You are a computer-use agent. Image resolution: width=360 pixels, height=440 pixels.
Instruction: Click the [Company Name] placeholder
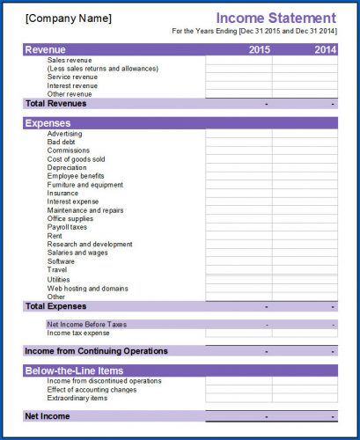(69, 18)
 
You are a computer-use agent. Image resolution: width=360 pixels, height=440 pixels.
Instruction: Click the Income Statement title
(276, 18)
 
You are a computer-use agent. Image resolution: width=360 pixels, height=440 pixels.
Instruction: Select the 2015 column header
(259, 50)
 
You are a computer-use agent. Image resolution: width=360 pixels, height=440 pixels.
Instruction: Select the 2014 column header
(325, 50)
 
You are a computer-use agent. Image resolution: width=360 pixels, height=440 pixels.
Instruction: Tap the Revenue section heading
(46, 50)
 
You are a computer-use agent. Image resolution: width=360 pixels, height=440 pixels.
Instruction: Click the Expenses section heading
(49, 124)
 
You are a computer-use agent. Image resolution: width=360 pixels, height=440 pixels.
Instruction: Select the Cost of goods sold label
(77, 158)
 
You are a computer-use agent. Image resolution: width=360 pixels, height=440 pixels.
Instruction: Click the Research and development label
(90, 244)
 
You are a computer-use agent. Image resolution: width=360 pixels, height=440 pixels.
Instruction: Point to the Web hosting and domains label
(87, 288)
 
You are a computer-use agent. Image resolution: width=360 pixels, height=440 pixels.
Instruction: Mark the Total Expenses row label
(57, 306)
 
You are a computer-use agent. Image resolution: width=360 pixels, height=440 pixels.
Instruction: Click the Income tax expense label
(78, 333)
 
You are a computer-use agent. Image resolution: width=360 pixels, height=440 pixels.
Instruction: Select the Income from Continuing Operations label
(97, 351)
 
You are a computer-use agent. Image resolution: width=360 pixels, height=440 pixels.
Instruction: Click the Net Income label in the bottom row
(48, 415)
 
